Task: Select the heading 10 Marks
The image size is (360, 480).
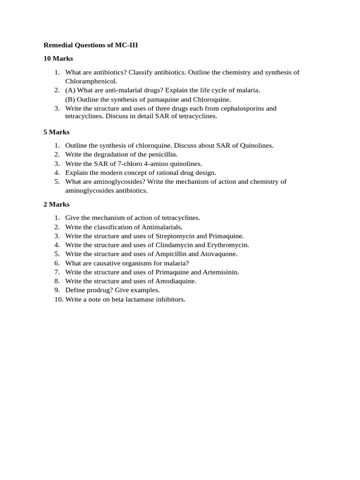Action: click(x=58, y=59)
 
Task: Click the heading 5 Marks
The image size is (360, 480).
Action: click(x=56, y=132)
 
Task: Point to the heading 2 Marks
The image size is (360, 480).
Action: click(x=56, y=204)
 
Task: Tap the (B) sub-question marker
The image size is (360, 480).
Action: click(x=70, y=99)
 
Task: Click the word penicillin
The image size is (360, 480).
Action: click(x=164, y=154)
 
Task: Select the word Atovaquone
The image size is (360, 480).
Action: click(x=218, y=254)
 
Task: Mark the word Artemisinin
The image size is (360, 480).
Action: click(x=221, y=272)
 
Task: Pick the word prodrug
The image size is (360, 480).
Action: click(x=97, y=290)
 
